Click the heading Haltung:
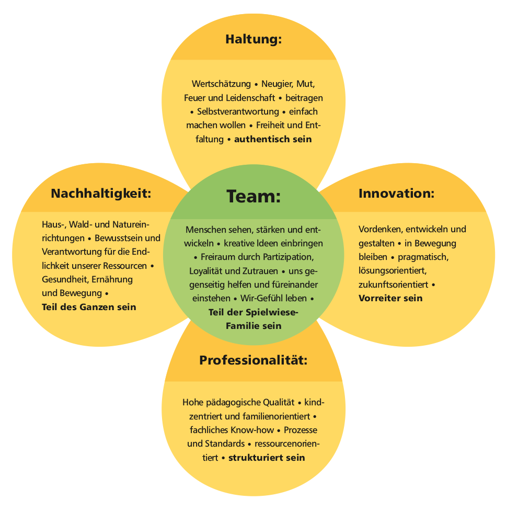[254, 40]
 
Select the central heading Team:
[254, 196]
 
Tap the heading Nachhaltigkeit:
[101, 194]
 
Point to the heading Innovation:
[397, 194]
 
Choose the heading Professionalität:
[253, 360]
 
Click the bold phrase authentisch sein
[273, 139]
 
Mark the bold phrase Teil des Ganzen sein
[89, 307]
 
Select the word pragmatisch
[423, 257]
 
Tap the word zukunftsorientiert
[393, 285]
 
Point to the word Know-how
[253, 430]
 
